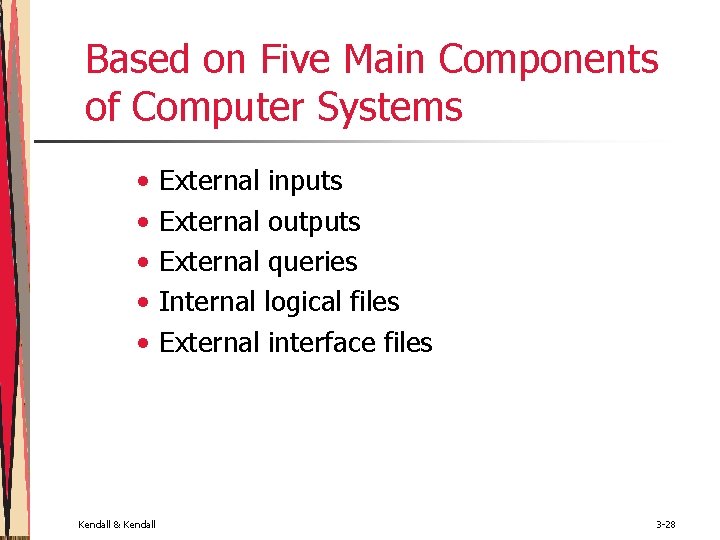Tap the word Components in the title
coord(549,60)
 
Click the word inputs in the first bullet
coord(305,182)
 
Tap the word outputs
coord(314,222)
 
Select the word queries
coord(312,263)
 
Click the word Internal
coord(208,302)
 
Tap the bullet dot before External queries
coord(145,263)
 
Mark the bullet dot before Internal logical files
coord(145,303)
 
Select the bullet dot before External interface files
coord(145,344)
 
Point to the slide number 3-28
coord(666,524)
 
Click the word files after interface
coord(408,343)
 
